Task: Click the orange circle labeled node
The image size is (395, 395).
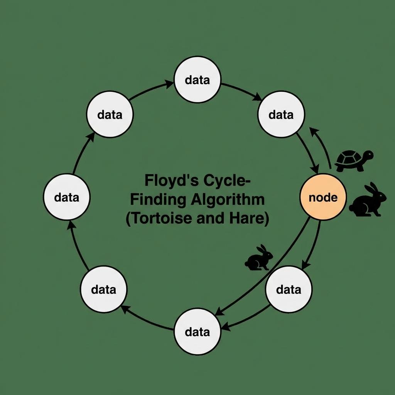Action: click(x=323, y=197)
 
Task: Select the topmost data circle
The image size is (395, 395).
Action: click(x=197, y=79)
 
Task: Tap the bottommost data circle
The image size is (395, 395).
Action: click(x=197, y=331)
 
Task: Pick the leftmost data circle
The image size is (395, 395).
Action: click(x=66, y=197)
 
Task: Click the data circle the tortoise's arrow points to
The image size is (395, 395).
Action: click(x=281, y=114)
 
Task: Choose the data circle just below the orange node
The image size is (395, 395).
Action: click(x=289, y=289)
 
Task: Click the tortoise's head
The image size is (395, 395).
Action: click(x=368, y=155)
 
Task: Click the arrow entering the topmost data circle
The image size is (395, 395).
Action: click(x=150, y=89)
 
